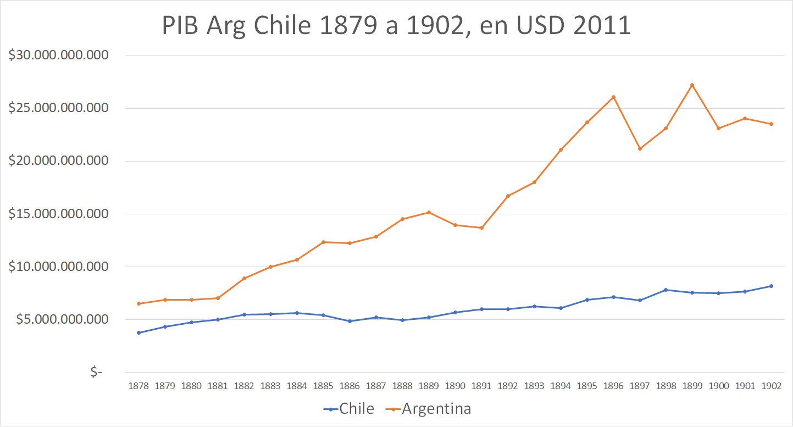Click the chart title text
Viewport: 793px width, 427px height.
(x=396, y=26)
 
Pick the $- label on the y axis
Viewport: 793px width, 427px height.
(x=97, y=372)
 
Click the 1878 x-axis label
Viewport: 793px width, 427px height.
(x=138, y=386)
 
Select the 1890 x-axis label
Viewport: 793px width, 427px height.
(x=455, y=386)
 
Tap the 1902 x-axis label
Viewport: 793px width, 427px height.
(x=772, y=386)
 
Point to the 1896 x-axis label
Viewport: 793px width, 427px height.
(x=613, y=386)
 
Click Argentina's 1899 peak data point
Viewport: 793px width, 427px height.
(x=692, y=85)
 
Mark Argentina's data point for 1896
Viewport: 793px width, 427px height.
(x=613, y=97)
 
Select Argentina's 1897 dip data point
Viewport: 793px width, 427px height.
(x=640, y=148)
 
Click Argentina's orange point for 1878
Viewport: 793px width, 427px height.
(x=138, y=303)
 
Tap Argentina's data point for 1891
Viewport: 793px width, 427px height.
(x=481, y=228)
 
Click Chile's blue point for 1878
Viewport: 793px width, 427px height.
(x=138, y=332)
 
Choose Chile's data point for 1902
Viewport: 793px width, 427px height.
(x=772, y=286)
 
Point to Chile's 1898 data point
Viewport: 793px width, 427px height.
(x=666, y=290)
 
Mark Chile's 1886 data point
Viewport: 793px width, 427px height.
(x=350, y=321)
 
